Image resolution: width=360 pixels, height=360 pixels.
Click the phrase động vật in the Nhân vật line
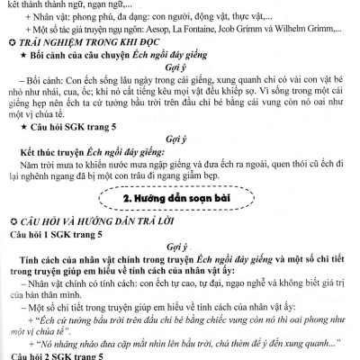click(214, 17)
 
